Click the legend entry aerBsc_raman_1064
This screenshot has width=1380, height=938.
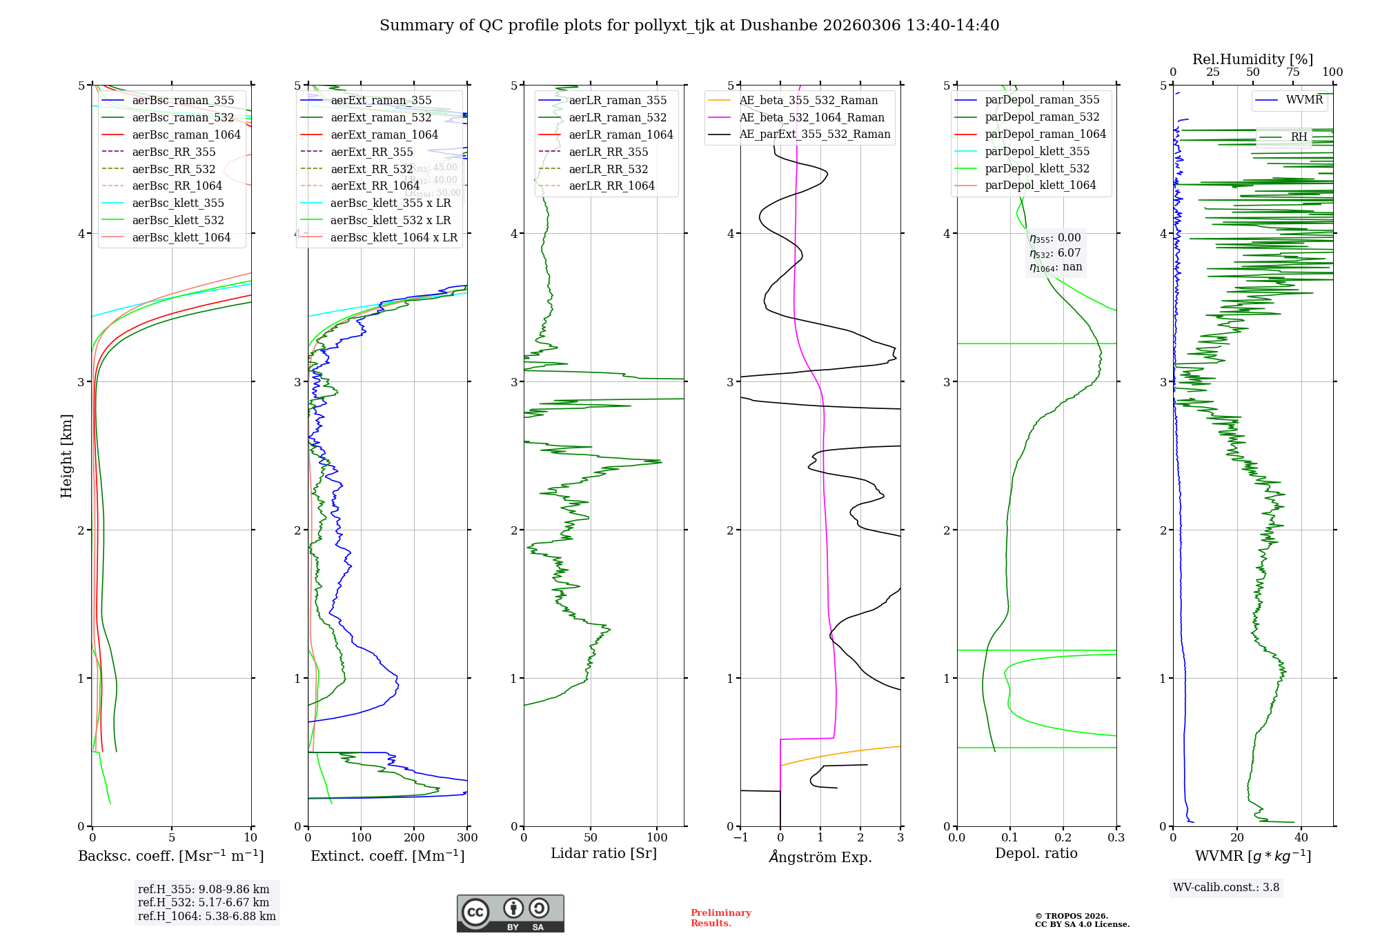pos(186,134)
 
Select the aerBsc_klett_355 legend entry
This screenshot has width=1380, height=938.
pos(178,203)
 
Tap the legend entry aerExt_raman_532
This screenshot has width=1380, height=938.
pos(381,117)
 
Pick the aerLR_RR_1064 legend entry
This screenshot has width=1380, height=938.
pos(611,186)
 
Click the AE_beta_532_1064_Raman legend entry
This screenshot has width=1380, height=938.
pos(811,117)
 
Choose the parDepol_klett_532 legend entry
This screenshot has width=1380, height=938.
pos(1037,168)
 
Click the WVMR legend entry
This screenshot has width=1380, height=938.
pos(1304,100)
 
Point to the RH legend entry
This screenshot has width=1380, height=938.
pos(1299,137)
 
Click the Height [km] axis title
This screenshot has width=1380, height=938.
pos(66,456)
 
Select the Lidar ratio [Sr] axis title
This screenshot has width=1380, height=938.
pos(604,853)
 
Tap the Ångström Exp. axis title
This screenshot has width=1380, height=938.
pos(820,857)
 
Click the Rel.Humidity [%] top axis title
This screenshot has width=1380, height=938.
pos(1252,59)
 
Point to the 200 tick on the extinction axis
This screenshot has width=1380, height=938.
pos(414,837)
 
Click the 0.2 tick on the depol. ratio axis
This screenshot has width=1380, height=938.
pos(1063,837)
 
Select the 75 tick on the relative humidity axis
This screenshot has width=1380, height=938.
pos(1292,72)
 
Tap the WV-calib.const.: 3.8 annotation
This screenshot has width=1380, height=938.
pos(1226,888)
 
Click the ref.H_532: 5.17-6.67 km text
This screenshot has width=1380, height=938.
pos(204,902)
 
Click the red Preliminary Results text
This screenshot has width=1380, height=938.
pos(720,918)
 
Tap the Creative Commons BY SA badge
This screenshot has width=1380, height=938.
pos(510,914)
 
